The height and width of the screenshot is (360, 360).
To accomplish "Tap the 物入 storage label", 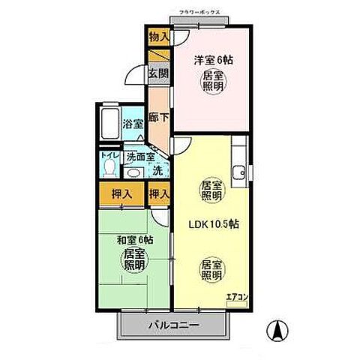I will click(x=158, y=36).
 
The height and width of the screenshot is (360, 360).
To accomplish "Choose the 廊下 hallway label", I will click(x=157, y=118).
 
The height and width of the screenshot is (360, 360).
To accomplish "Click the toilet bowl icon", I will click(x=110, y=167).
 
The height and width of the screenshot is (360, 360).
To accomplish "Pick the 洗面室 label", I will click(x=140, y=157).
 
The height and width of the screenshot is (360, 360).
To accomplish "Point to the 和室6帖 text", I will click(x=135, y=240).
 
